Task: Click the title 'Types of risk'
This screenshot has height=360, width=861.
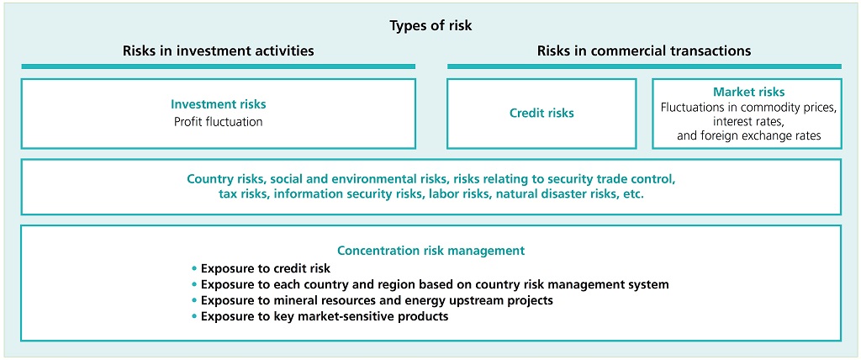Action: click(x=430, y=26)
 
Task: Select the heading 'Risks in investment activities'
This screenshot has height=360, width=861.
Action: click(x=219, y=51)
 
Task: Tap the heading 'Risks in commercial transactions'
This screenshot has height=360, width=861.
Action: click(x=644, y=51)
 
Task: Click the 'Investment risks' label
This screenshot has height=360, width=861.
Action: click(x=219, y=104)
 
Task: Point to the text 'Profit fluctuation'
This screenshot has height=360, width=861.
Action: click(x=219, y=121)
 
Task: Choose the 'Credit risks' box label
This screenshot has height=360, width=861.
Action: click(x=541, y=114)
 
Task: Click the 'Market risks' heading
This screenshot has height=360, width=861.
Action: click(x=749, y=93)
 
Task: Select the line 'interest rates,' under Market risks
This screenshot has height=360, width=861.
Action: click(x=749, y=121)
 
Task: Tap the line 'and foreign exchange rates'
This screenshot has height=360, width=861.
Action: click(x=749, y=135)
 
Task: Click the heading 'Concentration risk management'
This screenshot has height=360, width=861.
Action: click(x=431, y=251)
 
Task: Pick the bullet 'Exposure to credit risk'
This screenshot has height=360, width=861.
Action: click(x=261, y=269)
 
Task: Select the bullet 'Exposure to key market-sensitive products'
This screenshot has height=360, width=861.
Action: click(x=320, y=316)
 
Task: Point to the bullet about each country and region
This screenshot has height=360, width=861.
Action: click(x=430, y=284)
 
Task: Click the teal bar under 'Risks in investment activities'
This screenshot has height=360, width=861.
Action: click(x=219, y=66)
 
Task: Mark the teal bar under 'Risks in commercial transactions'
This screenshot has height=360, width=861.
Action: click(x=644, y=66)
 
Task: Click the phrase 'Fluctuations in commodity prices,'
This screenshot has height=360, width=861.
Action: click(x=749, y=108)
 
